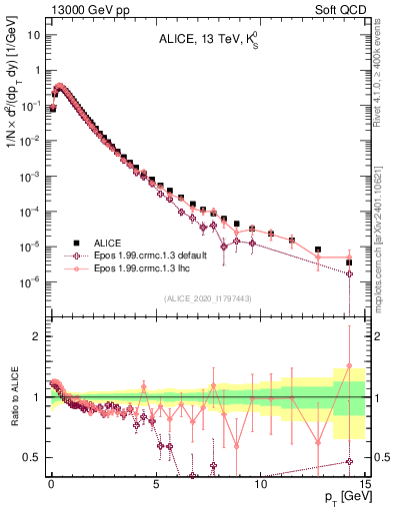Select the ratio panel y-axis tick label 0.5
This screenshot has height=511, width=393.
(x=33, y=457)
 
